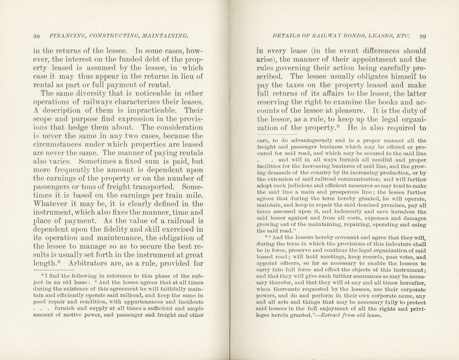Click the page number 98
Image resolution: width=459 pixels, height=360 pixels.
[x=36, y=36]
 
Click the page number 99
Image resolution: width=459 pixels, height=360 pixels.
[x=423, y=36]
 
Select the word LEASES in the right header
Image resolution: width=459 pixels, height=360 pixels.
[x=380, y=36]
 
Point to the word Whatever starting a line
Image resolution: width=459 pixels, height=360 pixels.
[x=49, y=204]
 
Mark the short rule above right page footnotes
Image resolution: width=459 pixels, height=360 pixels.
[x=277, y=134]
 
